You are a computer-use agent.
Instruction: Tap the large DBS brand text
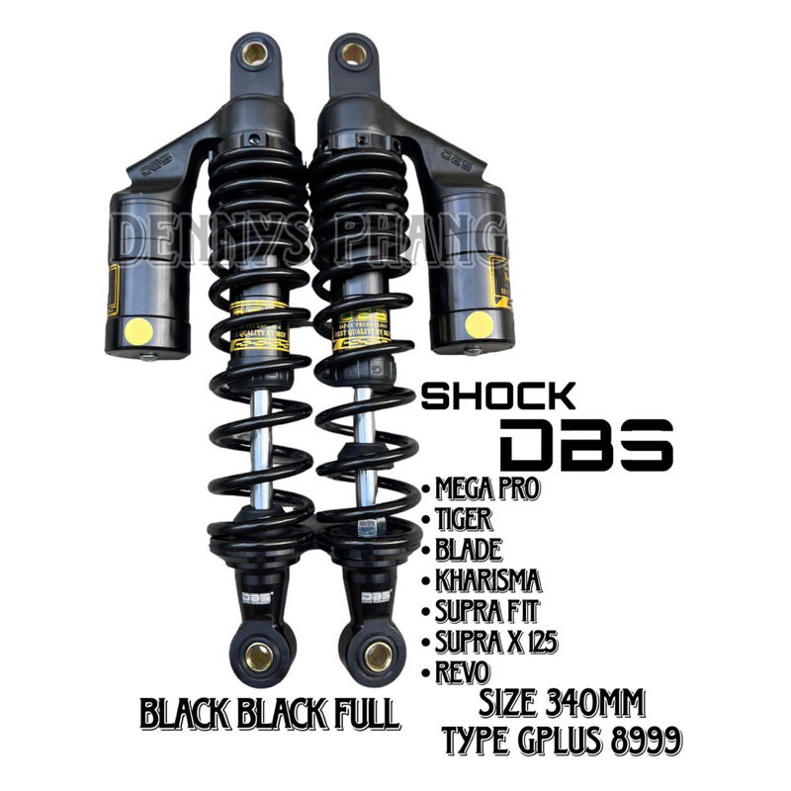[x=587, y=446]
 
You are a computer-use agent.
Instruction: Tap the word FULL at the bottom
[x=360, y=713]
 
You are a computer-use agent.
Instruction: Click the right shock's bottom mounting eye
[x=377, y=656]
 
